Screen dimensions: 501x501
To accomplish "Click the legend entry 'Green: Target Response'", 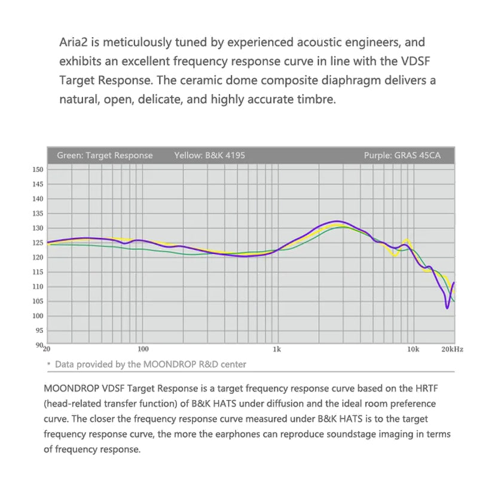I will click(x=105, y=155).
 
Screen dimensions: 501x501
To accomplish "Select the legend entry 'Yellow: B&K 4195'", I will click(x=209, y=155).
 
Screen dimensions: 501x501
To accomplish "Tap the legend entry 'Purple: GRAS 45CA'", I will click(x=402, y=155).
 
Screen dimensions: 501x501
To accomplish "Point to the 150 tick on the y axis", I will click(x=38, y=170).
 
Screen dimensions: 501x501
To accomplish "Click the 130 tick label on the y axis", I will click(x=38, y=228).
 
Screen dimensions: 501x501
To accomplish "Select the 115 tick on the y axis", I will click(x=38, y=272).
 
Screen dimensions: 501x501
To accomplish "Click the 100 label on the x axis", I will click(x=142, y=349).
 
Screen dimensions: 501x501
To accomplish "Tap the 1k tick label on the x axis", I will click(x=276, y=349).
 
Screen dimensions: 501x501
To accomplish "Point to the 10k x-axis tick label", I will click(x=413, y=349).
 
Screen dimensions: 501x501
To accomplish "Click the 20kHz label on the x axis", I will click(x=452, y=349).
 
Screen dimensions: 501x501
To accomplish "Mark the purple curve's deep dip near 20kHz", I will click(x=447, y=308).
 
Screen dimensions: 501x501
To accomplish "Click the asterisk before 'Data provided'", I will click(x=48, y=364).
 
